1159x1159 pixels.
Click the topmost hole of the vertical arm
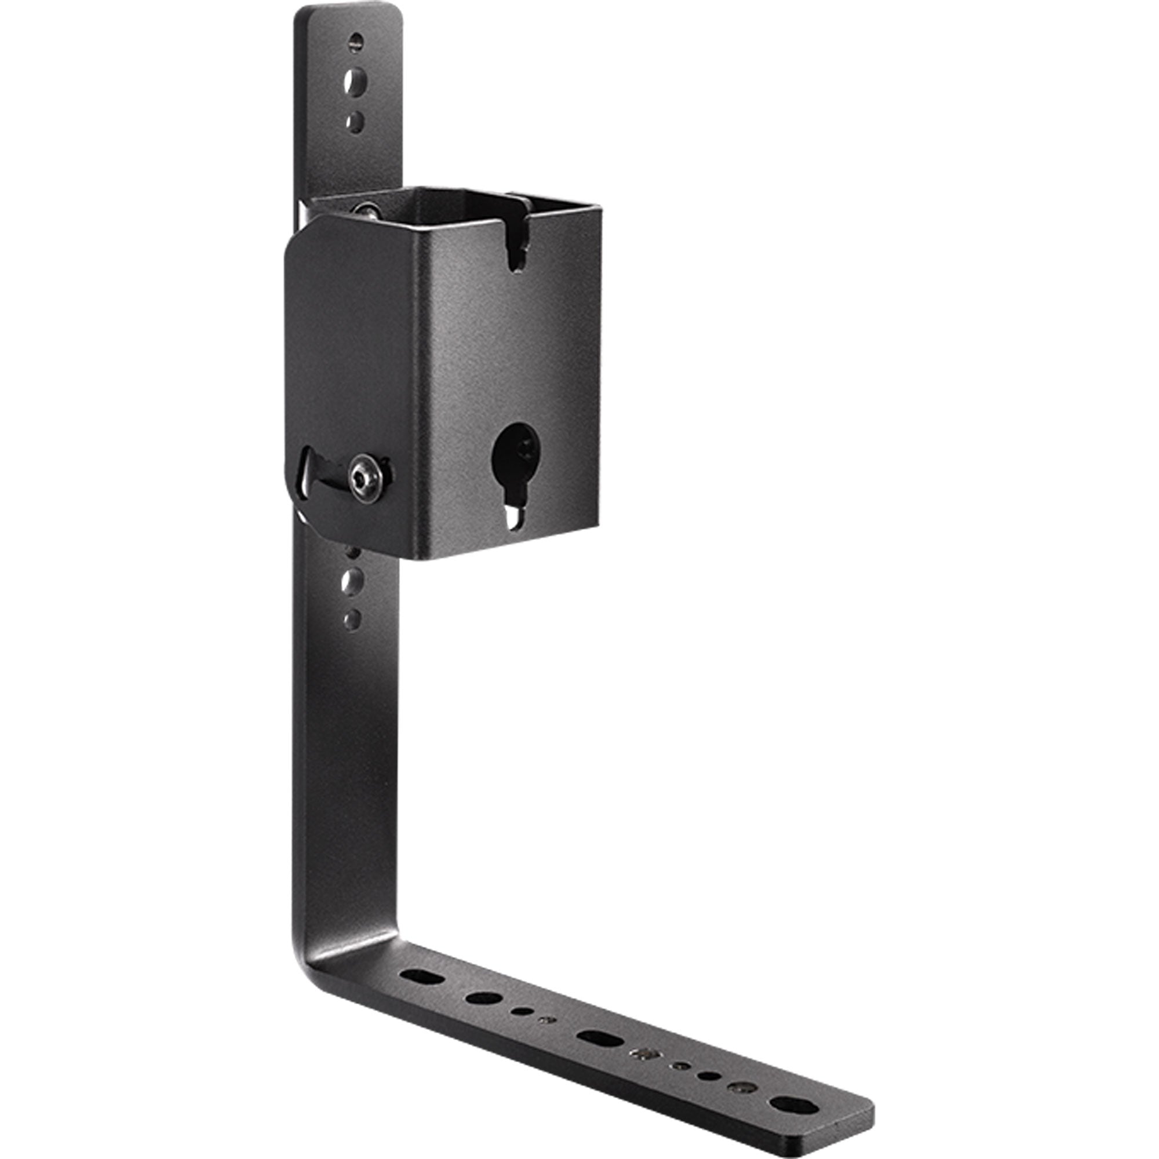[x=356, y=41]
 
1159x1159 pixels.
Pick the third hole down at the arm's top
[x=356, y=121]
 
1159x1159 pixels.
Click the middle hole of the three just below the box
[x=353, y=581]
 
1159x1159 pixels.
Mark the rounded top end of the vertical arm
[x=348, y=13]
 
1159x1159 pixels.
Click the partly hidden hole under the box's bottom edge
[x=353, y=550]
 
